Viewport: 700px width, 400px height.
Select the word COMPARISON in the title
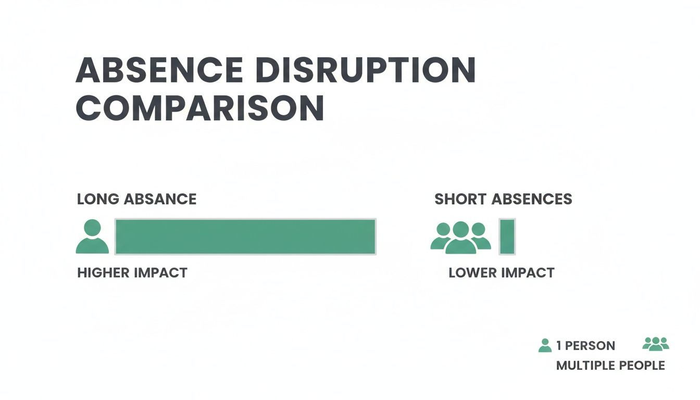click(x=200, y=108)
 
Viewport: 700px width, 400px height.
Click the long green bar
click(x=245, y=236)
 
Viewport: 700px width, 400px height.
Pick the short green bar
click(x=507, y=236)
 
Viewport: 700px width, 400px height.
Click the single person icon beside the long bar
click(x=92, y=237)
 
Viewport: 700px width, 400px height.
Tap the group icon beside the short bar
click(x=461, y=238)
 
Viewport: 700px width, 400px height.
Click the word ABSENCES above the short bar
click(x=532, y=199)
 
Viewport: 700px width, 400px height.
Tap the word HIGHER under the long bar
click(x=103, y=272)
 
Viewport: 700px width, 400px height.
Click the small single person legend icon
click(x=545, y=345)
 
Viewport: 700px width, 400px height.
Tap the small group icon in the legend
click(x=656, y=343)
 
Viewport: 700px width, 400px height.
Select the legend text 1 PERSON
click(x=585, y=346)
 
